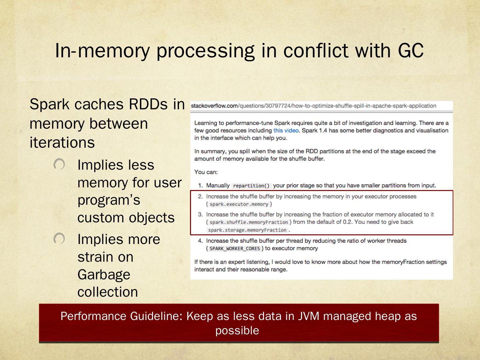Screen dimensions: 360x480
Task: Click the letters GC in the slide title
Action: [411, 51]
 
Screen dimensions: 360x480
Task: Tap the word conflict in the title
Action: [316, 51]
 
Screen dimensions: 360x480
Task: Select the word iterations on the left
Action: [62, 143]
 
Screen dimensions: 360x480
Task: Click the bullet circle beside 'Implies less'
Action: [59, 164]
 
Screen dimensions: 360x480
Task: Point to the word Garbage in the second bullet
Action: [104, 275]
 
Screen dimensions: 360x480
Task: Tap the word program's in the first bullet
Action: [109, 200]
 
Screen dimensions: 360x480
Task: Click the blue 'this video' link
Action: [286, 131]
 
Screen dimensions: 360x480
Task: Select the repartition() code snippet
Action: [251, 186]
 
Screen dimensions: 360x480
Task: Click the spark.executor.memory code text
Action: [239, 204]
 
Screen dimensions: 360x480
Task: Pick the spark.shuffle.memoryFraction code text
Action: [249, 222]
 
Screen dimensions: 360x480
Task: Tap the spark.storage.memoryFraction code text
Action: [247, 230]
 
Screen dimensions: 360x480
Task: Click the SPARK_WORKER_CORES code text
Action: [235, 249]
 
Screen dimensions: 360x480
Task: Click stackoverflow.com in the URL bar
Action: [214, 106]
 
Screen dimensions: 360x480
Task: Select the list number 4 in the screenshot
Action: [200, 241]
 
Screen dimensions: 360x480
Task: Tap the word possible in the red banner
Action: [237, 330]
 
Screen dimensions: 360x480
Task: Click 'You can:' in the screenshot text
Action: [206, 172]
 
